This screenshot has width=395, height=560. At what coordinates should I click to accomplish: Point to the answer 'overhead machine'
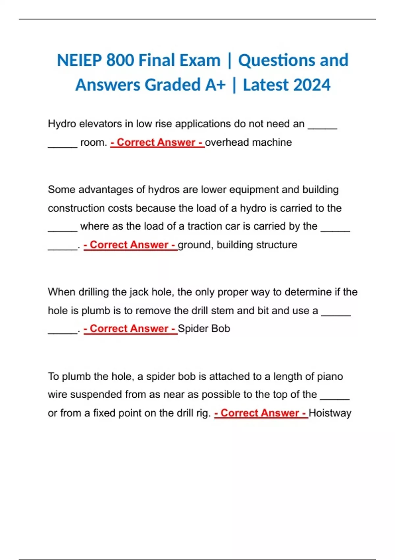(x=249, y=142)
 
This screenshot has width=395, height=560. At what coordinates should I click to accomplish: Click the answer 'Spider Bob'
(x=204, y=328)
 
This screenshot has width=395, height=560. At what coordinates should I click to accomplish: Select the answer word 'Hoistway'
(x=330, y=413)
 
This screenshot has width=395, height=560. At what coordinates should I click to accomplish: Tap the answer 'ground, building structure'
(x=237, y=245)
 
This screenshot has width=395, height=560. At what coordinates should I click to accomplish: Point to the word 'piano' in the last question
(x=330, y=376)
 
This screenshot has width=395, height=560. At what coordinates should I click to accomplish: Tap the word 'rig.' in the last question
(x=203, y=413)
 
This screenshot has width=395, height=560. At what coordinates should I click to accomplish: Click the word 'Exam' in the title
(x=199, y=61)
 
